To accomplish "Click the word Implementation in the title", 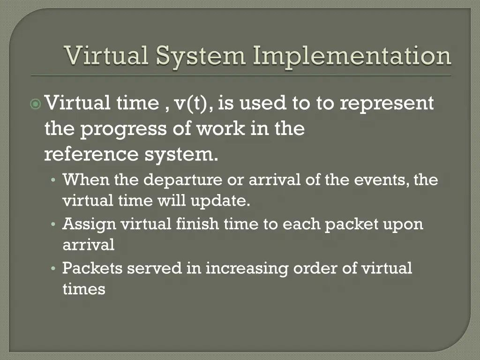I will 352,56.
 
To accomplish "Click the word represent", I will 387,104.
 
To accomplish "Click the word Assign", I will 89,225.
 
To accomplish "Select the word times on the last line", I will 84,290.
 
